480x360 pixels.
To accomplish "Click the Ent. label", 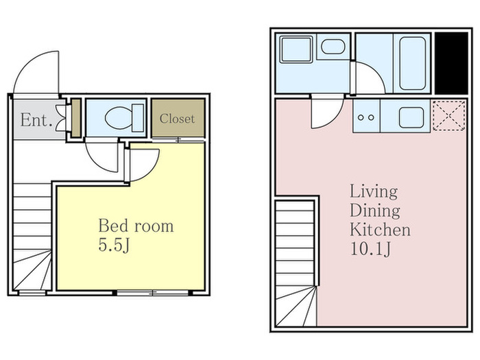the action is [36, 120].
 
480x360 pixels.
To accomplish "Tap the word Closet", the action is [177, 119].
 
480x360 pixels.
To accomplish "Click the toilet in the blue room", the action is [124, 118].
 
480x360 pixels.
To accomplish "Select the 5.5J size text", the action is [115, 245].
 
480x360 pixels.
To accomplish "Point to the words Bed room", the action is [136, 226].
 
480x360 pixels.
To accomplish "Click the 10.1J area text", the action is [370, 249].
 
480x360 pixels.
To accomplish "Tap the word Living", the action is [374, 192].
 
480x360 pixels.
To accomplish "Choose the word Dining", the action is [374, 211].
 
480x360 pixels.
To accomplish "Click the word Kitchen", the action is [380, 230].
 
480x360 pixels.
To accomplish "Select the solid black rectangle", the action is [451, 63].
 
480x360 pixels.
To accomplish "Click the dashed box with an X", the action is [448, 116].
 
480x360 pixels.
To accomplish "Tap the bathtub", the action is [412, 63].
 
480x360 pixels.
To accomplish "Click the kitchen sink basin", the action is [411, 117].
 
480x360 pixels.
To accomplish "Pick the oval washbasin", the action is [333, 47].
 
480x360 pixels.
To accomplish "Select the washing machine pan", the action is [296, 49].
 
